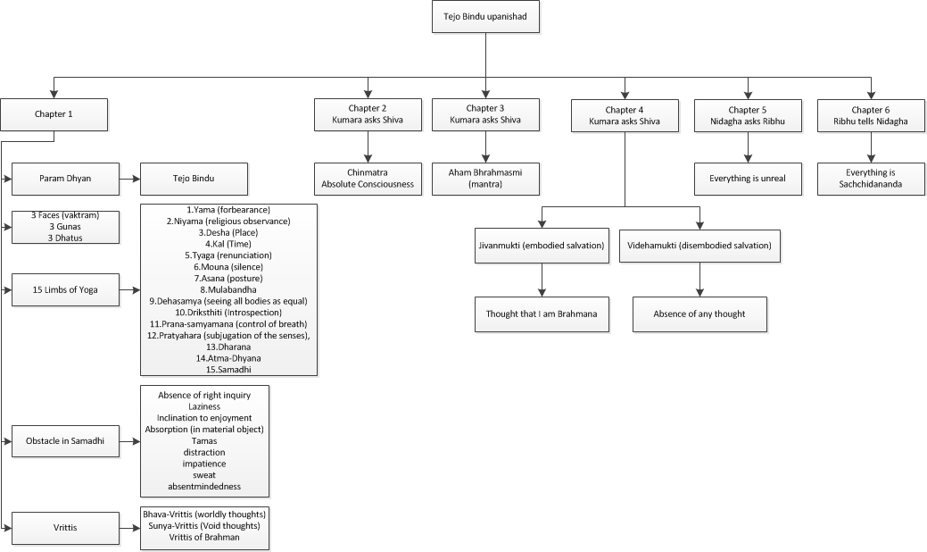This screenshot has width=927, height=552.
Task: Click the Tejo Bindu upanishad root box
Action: click(485, 17)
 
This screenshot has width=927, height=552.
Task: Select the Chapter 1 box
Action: click(54, 114)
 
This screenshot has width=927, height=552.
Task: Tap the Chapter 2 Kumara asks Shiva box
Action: click(368, 114)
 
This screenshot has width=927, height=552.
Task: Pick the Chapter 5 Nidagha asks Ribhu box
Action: click(748, 115)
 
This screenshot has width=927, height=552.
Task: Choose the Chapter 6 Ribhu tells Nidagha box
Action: click(871, 115)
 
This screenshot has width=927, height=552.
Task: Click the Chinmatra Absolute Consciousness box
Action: click(368, 179)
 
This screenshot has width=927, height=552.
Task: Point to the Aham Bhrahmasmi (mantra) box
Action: click(485, 179)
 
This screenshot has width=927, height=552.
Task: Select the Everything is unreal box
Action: click(748, 179)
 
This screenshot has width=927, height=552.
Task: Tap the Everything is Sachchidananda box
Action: click(871, 179)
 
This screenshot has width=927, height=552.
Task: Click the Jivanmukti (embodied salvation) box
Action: click(542, 246)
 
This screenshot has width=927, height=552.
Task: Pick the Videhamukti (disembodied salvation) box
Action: click(700, 246)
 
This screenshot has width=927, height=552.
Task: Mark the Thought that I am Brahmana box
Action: click(542, 314)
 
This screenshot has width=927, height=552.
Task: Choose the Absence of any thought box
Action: click(700, 314)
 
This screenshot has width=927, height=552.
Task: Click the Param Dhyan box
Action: click(65, 179)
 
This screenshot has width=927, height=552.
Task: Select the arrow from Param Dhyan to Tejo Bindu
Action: click(129, 178)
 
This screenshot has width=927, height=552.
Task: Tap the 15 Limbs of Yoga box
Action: click(65, 290)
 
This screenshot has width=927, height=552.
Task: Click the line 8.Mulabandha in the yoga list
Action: click(228, 290)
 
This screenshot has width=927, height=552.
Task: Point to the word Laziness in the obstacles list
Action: click(204, 406)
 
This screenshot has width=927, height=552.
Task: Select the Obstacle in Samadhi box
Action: click(65, 440)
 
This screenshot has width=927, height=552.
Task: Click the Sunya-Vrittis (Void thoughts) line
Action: click(204, 525)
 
